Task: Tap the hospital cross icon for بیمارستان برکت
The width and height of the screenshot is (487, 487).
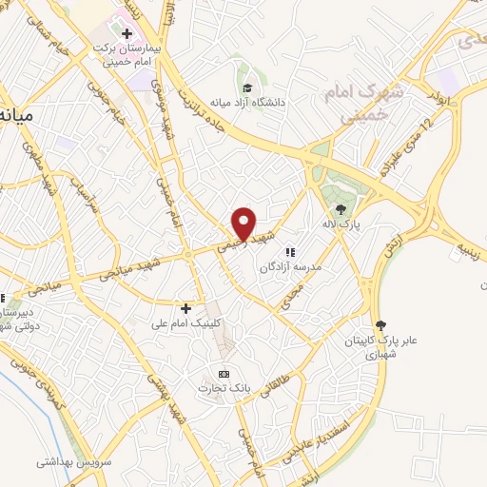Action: point(127,34)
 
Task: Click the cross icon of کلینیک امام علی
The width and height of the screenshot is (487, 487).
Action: point(185,308)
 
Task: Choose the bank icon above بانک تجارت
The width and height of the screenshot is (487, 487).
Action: point(224,373)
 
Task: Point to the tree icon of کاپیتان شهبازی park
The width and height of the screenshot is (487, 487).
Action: point(381,325)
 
